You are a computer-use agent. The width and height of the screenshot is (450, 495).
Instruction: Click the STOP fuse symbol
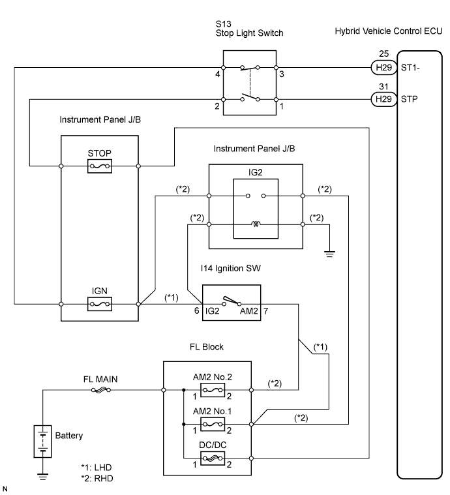point(99,166)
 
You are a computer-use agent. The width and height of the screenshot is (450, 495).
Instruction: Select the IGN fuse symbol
point(99,304)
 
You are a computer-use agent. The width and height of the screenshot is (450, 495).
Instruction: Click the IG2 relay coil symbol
point(256,226)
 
